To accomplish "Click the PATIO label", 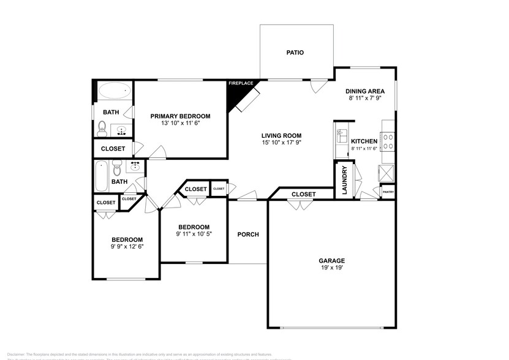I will coord(295,53).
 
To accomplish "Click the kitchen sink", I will coord(341,135).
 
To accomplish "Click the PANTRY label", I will coord(388,192).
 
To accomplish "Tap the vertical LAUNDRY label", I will coord(344,181).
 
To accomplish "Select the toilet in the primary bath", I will coord(102,128).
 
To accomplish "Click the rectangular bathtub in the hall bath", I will coord(101,176).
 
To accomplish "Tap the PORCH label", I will coord(248,234).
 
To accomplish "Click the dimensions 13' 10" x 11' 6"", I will coord(181,124).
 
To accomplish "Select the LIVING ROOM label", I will coord(282,136).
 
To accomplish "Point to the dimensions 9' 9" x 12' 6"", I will coord(127,247).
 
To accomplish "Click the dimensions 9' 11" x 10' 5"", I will coord(194,234).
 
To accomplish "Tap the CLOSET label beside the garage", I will coord(303,195).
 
